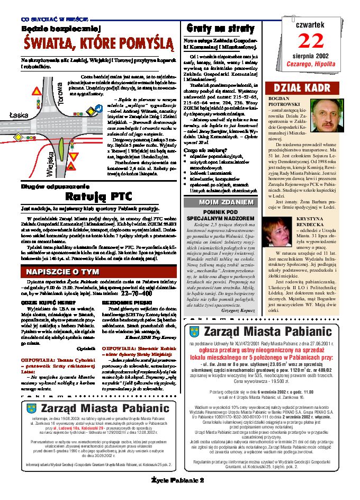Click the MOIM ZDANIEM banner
[226, 202]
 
